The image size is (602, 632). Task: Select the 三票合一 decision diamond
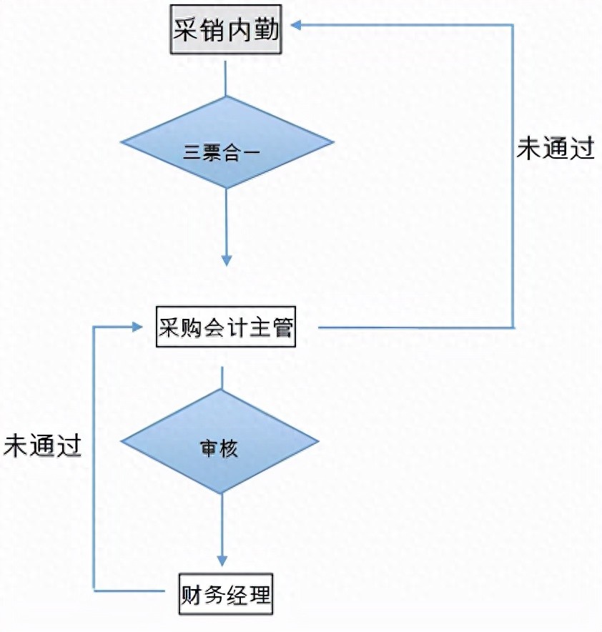pos(226,142)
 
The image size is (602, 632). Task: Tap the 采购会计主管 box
pos(225,328)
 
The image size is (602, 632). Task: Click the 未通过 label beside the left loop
pos(42,444)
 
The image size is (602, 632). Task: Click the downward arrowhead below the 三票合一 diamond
pos(226,260)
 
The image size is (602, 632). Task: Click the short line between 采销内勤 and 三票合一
pos(226,79)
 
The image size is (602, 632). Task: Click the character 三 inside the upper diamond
pos(191,152)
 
